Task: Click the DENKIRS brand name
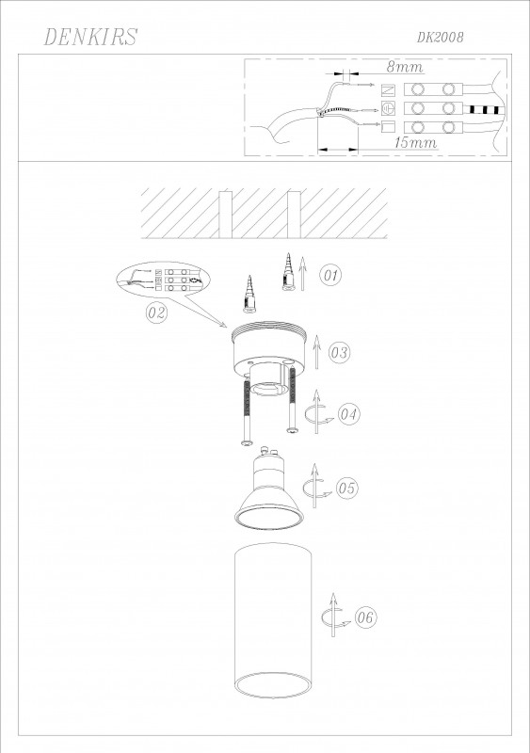[x=90, y=37]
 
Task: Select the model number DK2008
[x=441, y=38]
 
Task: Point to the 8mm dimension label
[x=405, y=67]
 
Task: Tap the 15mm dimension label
[x=416, y=142]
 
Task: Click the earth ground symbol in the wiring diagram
[x=388, y=108]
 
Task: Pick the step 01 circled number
[x=331, y=275]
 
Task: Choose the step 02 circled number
[x=156, y=313]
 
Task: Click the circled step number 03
[x=339, y=352]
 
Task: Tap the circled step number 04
[x=349, y=414]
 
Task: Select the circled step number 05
[x=346, y=488]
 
